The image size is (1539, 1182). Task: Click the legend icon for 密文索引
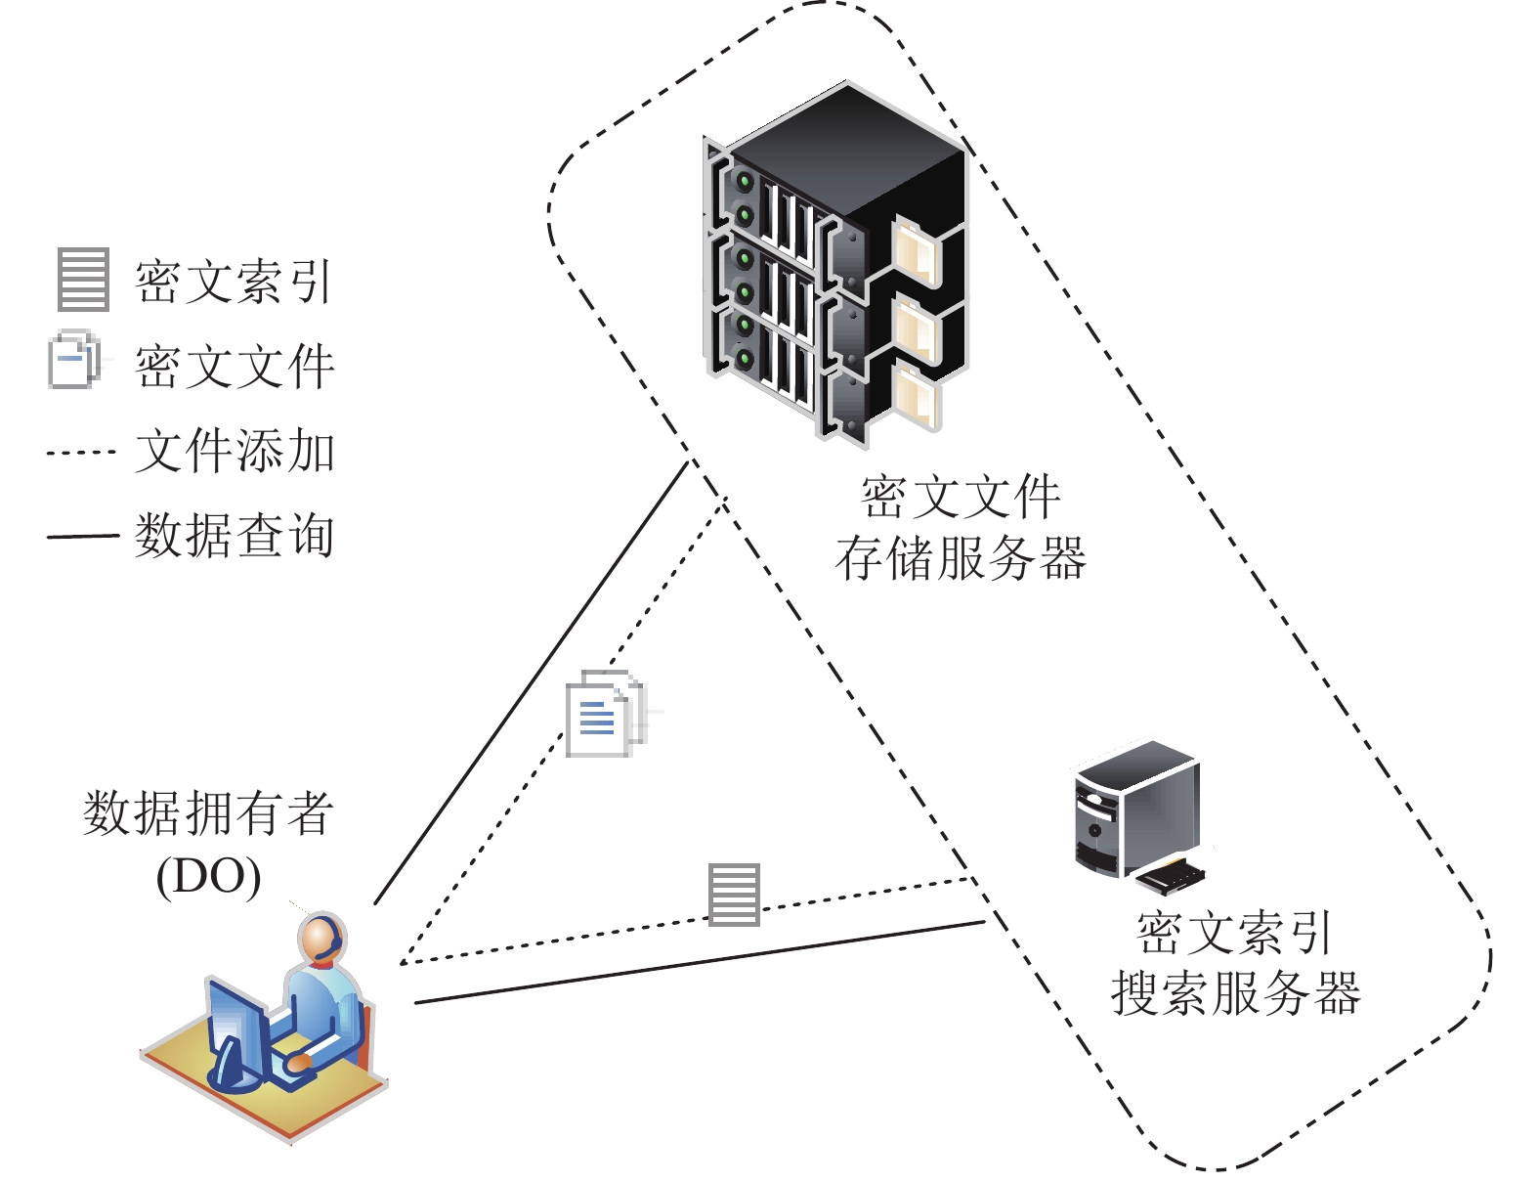[83, 280]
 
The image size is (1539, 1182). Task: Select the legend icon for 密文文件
[74, 361]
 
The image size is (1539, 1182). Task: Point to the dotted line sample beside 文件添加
[81, 453]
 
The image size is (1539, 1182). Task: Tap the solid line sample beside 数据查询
[82, 536]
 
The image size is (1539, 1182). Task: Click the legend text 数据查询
[235, 536]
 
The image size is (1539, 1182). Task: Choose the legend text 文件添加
[235, 452]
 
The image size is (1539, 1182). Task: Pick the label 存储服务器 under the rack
[961, 559]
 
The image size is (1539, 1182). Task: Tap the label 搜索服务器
[1235, 993]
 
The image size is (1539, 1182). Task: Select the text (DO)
[208, 876]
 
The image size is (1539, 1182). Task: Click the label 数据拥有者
[208, 813]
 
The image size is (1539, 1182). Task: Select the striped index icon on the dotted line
[734, 894]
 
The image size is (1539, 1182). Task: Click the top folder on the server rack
[917, 250]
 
